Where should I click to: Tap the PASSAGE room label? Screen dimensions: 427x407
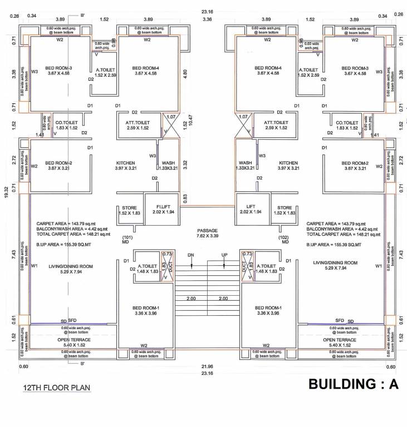click(x=207, y=230)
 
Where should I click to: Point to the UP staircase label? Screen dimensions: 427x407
click(x=225, y=255)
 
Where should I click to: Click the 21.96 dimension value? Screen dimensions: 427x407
click(x=207, y=366)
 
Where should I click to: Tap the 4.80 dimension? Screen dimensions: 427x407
click(x=186, y=72)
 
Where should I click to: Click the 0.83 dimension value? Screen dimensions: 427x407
click(x=185, y=197)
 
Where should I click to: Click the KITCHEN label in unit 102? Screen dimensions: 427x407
click(x=289, y=163)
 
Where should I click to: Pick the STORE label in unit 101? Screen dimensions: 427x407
click(x=129, y=207)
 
